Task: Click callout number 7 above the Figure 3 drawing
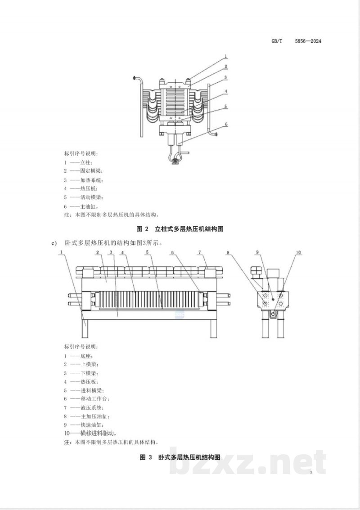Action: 199,253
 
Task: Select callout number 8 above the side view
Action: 228,253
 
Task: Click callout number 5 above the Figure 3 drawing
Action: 147,253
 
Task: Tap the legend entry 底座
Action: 85,356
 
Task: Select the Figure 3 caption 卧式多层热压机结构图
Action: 189,457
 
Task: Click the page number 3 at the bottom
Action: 310,472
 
